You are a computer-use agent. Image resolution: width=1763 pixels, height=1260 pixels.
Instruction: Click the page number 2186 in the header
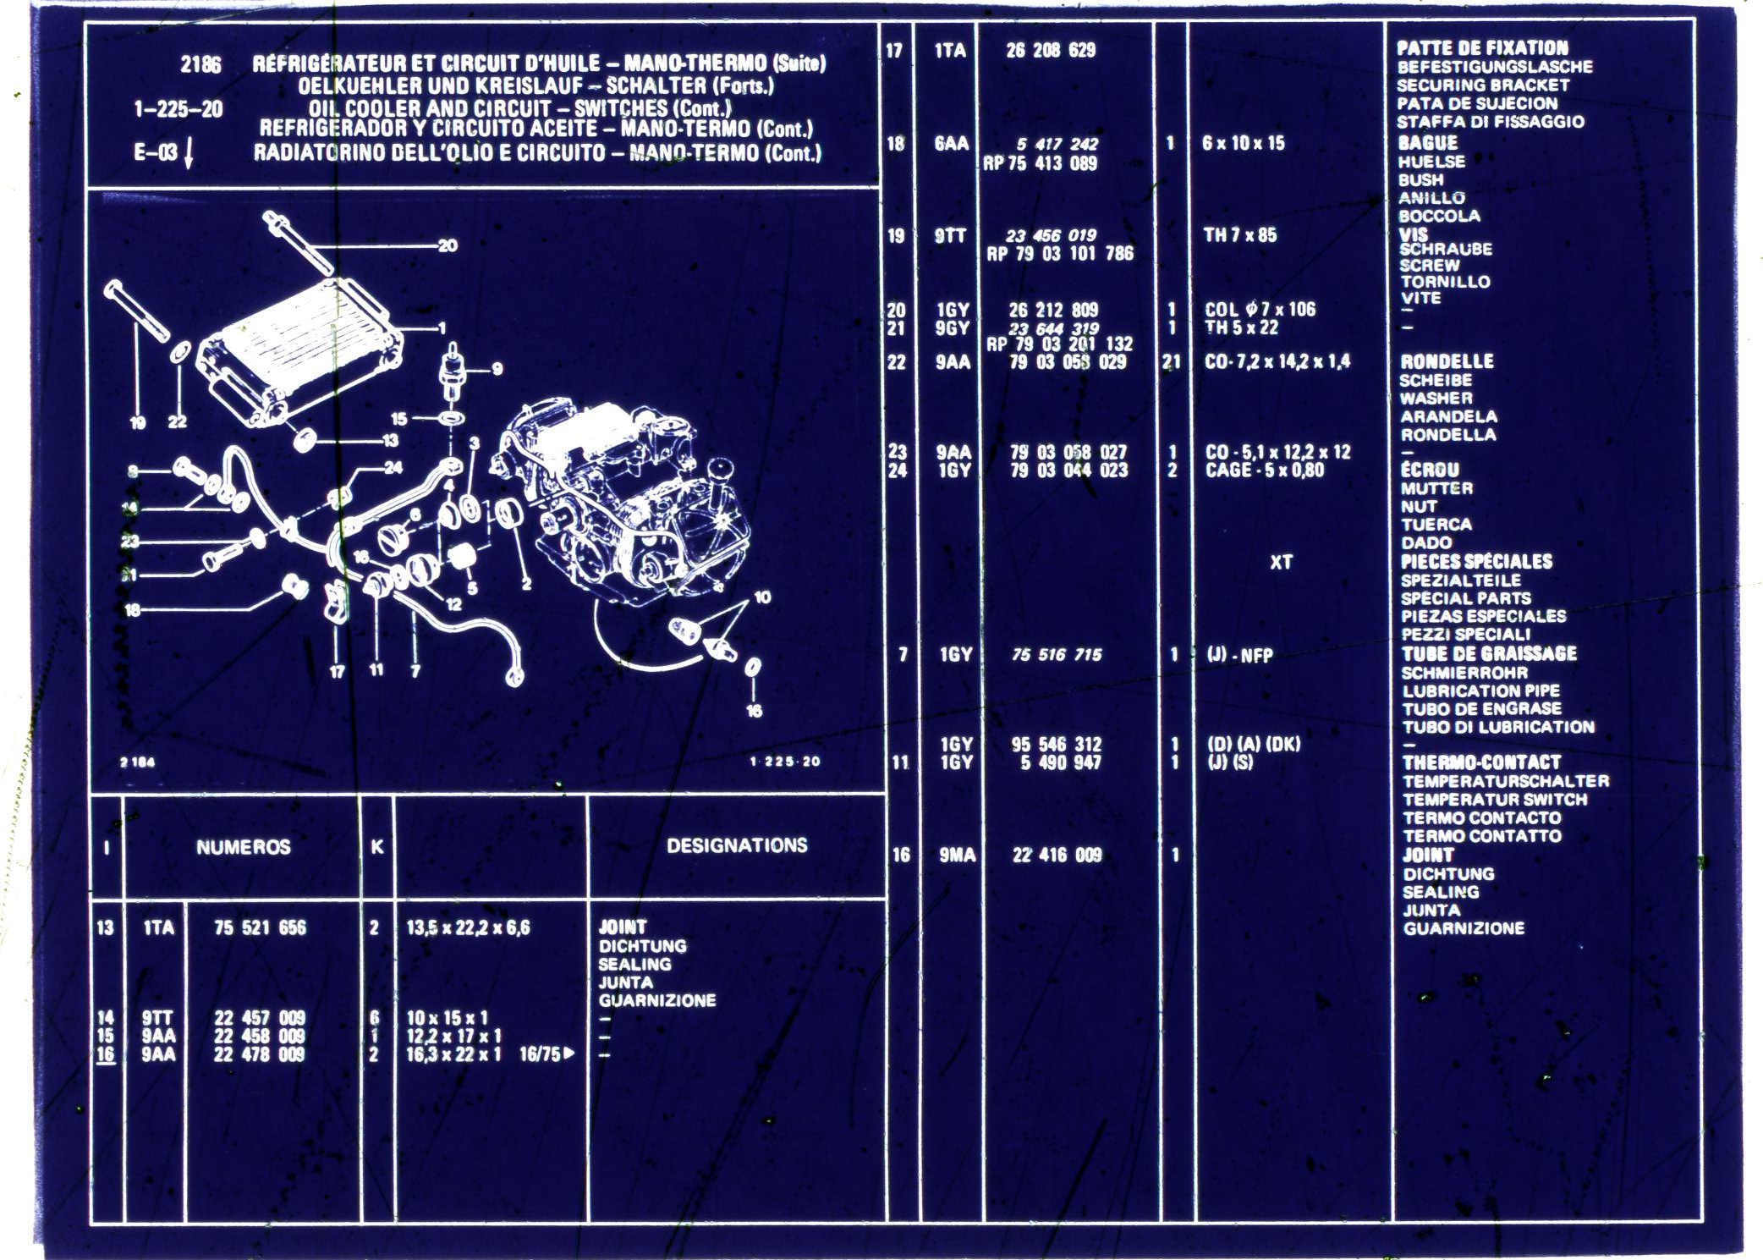tap(200, 65)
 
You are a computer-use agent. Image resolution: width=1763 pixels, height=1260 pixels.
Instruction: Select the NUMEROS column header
tap(243, 847)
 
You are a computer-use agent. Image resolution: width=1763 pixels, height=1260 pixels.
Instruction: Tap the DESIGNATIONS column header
tap(737, 845)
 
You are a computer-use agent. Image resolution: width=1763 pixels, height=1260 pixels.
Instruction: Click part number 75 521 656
tap(260, 927)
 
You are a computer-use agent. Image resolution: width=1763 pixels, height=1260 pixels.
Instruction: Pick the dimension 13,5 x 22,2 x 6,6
tap(468, 927)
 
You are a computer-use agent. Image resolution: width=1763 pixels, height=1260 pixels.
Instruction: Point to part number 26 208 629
tap(1051, 51)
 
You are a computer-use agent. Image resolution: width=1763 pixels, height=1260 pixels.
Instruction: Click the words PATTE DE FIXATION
tap(1482, 48)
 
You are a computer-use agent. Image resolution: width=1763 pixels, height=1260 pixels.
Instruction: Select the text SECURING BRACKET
tap(1482, 85)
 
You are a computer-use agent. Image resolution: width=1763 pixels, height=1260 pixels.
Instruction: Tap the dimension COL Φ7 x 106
tap(1260, 310)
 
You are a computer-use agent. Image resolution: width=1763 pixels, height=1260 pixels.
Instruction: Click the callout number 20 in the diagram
tap(448, 246)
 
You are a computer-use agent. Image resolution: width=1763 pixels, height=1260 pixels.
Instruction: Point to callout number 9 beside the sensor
tap(497, 369)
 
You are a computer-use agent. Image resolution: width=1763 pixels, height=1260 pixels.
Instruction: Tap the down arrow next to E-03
tap(189, 152)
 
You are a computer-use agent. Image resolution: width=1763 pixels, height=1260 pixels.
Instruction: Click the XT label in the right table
tap(1281, 562)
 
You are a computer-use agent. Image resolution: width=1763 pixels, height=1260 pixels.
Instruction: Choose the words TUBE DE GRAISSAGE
tap(1489, 654)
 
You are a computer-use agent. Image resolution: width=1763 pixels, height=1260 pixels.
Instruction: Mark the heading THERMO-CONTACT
tap(1481, 762)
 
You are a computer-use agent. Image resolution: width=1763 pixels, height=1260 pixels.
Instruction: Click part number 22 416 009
tap(1057, 856)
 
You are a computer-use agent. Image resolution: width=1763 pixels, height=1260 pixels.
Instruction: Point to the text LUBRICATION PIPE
tap(1480, 691)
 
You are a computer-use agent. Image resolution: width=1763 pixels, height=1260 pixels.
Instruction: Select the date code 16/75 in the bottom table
tap(541, 1054)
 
